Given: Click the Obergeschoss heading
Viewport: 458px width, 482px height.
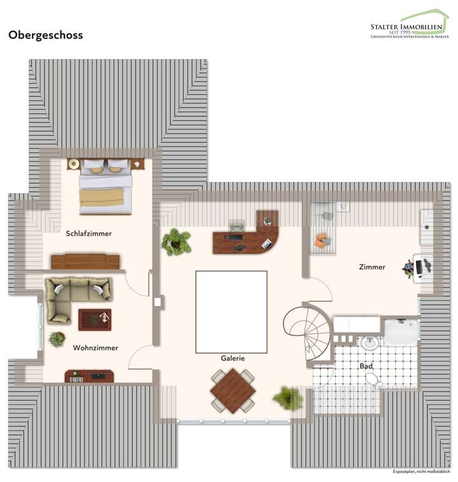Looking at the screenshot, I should coord(45,36).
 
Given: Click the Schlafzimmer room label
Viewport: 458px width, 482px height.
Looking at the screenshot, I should coord(88,233).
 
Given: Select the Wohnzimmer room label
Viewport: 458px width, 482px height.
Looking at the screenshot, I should coord(95,348).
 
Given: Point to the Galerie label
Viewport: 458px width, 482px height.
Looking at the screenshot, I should coord(233,358).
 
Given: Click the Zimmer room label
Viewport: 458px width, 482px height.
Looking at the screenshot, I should coord(371,267).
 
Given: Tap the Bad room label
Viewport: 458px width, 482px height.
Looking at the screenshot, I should coord(366,367).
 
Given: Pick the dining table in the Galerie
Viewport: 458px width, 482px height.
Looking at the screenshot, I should coord(233,390).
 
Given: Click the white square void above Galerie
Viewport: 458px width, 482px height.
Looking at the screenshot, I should coord(231,311).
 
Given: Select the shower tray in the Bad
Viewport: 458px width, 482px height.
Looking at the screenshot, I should coord(401,332).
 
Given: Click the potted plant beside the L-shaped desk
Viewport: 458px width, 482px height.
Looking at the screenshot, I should coord(176,242).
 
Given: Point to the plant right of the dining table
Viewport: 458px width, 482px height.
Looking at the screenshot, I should coord(288,398).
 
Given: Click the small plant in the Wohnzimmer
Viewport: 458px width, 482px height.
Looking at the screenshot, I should coord(57,340).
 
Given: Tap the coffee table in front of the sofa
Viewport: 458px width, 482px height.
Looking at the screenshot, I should coord(94,319).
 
